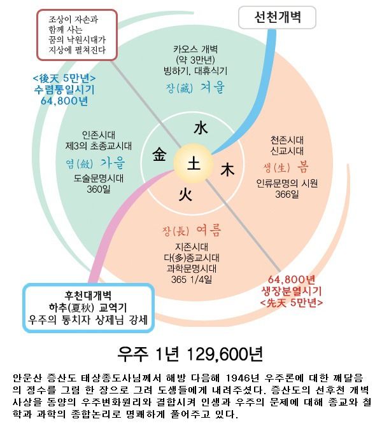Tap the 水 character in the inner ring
[201, 128]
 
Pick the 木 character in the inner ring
[227, 170]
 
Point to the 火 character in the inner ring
[184, 193]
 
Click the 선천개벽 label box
[276, 18]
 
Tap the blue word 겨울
[211, 89]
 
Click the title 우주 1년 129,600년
[190, 354]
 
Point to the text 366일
[286, 195]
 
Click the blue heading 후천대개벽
[88, 296]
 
